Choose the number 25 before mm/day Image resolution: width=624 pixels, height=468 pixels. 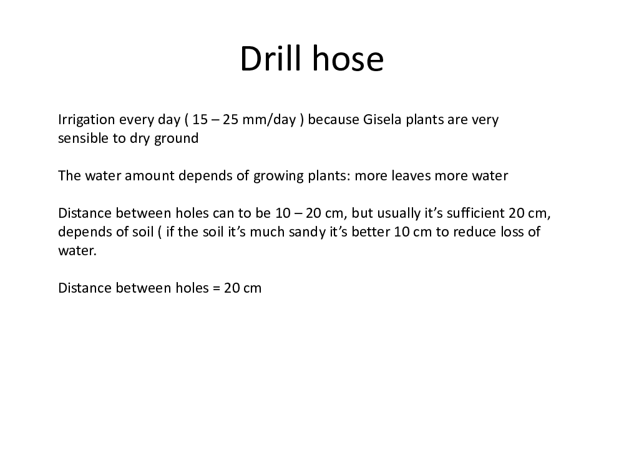point(230,119)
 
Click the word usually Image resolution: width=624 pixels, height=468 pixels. point(399,213)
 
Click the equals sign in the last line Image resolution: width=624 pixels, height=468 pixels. point(216,288)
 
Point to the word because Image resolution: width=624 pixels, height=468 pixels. point(333,119)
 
